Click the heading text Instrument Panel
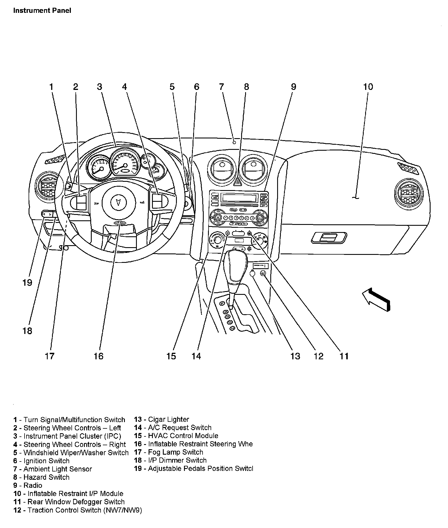[42, 11]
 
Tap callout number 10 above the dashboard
[368, 87]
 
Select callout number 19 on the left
[27, 283]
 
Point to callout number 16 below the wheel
[98, 356]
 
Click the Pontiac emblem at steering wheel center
[117, 201]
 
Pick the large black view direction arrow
[376, 299]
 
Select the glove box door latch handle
[329, 237]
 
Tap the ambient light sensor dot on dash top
[234, 142]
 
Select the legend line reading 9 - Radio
[28, 485]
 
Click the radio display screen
[239, 197]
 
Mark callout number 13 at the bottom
[295, 356]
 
